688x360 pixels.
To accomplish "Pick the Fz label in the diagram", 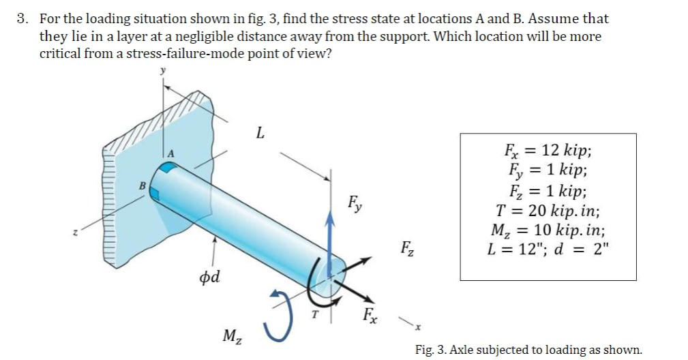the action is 406,247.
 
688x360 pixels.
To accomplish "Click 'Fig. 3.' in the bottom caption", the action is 430,350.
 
